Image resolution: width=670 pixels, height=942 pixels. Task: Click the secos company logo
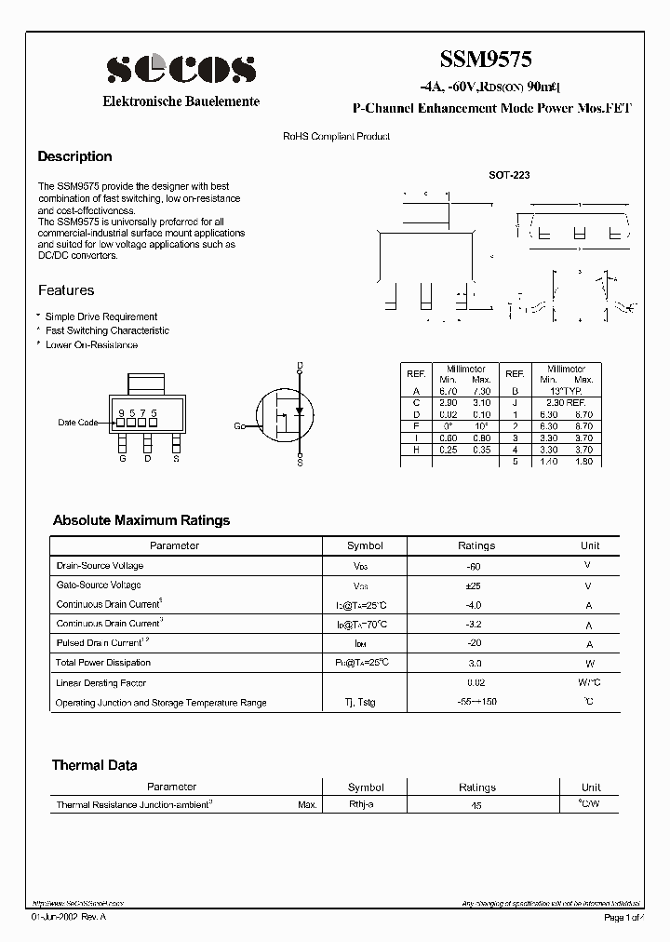[x=181, y=69]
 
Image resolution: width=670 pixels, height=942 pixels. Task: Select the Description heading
[x=74, y=156]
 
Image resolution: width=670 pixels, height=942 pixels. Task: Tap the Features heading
[x=66, y=290]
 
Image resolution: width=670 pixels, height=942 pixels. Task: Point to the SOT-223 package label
[x=509, y=175]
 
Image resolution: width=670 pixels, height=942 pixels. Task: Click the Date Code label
[x=77, y=423]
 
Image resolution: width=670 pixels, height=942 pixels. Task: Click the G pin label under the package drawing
[x=122, y=458]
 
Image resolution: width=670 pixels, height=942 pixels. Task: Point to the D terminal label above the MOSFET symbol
[x=300, y=364]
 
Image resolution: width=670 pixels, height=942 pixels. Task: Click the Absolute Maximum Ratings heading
[x=141, y=520]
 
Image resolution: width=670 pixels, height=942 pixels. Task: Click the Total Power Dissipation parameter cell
[x=103, y=663]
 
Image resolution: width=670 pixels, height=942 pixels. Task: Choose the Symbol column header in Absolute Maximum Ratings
[x=365, y=545]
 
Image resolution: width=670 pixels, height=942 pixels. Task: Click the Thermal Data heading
[x=94, y=765]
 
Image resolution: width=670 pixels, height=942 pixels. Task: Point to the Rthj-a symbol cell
[x=361, y=804]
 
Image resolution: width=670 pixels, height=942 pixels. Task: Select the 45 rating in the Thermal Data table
[x=476, y=805]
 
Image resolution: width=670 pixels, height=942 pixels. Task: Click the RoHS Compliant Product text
[x=336, y=136]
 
